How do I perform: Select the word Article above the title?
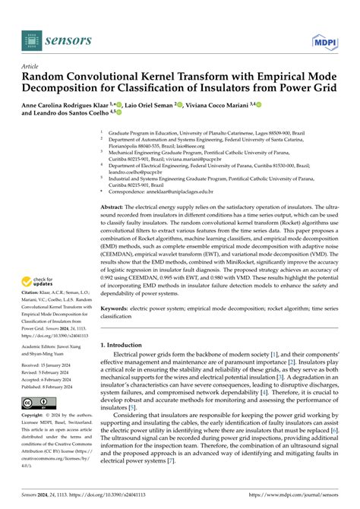(x=30, y=66)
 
